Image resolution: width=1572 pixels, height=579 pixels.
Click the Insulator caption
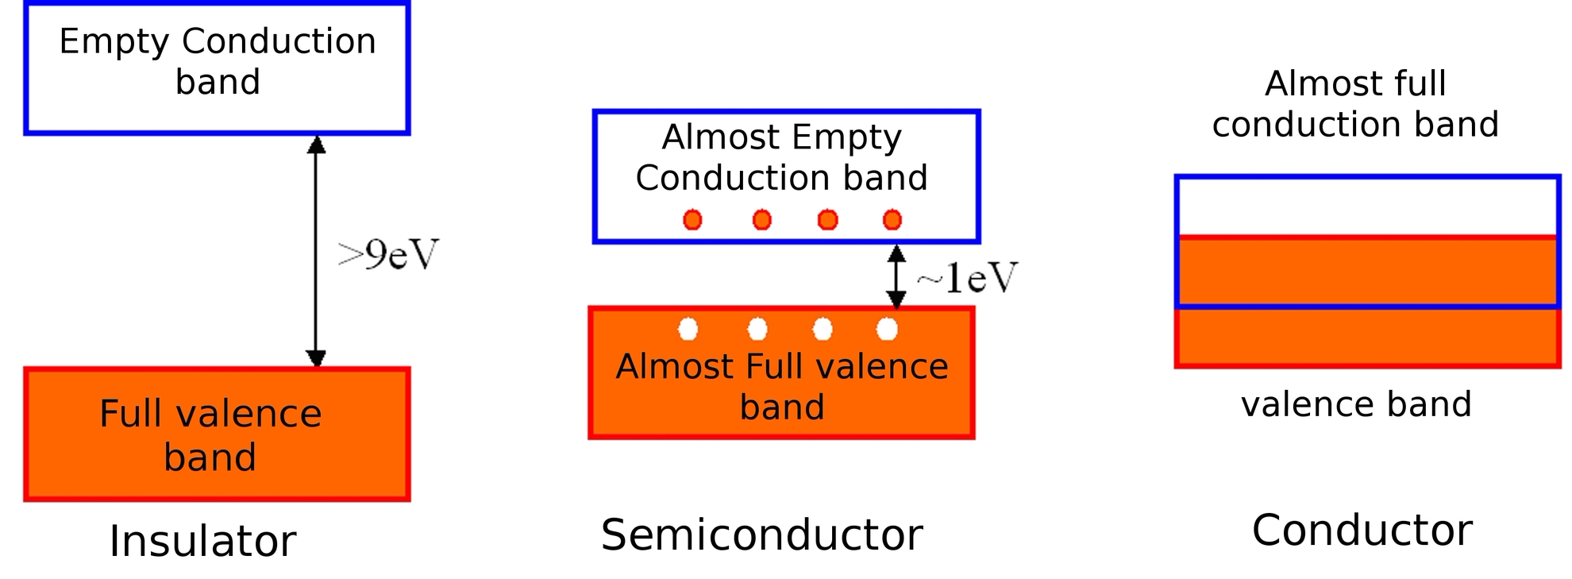pos(202,541)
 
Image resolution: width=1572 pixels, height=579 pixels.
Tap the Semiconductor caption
pos(761,535)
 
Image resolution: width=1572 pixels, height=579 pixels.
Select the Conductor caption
pos(1362,530)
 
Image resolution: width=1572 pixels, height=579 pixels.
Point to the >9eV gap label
pos(388,255)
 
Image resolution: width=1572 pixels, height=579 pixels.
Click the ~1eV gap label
pos(967,277)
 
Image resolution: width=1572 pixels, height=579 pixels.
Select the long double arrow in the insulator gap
pos(316,251)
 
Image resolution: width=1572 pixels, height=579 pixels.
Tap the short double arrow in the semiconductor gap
pos(896,276)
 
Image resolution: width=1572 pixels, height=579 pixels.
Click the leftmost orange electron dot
pos(692,220)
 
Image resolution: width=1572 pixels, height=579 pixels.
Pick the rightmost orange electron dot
pos(892,220)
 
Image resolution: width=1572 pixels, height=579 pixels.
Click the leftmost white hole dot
pos(688,329)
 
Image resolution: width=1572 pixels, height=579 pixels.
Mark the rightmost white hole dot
pos(888,329)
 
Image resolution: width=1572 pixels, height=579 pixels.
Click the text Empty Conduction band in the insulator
pos(218,61)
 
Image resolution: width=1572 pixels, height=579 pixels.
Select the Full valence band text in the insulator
pos(210,435)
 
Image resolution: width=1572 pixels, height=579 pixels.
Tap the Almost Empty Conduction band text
pos(782,157)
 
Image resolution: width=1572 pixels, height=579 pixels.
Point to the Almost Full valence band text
pos(782,387)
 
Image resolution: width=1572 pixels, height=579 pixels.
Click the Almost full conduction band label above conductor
pos(1355,104)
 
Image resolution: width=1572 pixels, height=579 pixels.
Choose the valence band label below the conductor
pos(1356,404)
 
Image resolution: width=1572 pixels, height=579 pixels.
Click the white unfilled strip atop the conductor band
pos(1367,207)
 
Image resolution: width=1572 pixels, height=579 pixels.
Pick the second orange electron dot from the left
pos(762,220)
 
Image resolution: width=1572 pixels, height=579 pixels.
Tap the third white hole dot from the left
pos(823,329)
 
